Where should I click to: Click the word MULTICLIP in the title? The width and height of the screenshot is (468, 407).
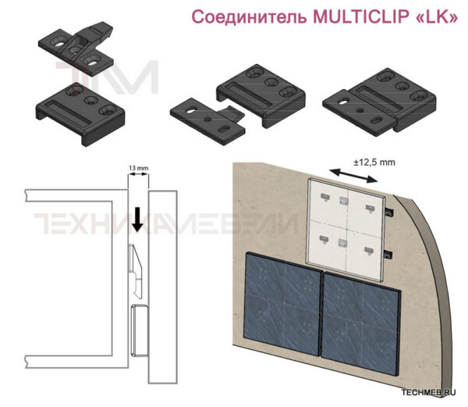tap(361, 16)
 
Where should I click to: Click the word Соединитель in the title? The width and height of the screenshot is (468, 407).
tap(250, 17)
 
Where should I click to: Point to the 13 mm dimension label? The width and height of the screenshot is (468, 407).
tap(138, 168)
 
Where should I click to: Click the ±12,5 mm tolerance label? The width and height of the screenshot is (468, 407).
tap(374, 162)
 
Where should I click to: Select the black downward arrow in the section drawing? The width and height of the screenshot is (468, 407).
tap(137, 220)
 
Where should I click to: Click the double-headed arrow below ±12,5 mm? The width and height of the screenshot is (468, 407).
tap(354, 176)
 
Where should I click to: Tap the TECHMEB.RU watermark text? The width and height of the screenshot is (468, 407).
tap(428, 392)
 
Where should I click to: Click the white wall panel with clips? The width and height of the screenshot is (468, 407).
tap(345, 230)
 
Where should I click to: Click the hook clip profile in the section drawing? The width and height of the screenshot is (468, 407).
tap(135, 270)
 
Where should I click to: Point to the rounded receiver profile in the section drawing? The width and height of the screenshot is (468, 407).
tap(140, 330)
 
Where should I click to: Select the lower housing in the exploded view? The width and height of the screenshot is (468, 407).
tap(80, 114)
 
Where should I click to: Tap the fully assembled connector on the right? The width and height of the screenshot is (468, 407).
tap(379, 102)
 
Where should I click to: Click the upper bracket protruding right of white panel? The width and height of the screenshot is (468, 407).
tap(388, 212)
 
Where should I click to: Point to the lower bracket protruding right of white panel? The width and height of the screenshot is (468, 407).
tap(388, 255)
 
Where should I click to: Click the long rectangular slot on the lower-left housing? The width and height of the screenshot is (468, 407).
tap(67, 112)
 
